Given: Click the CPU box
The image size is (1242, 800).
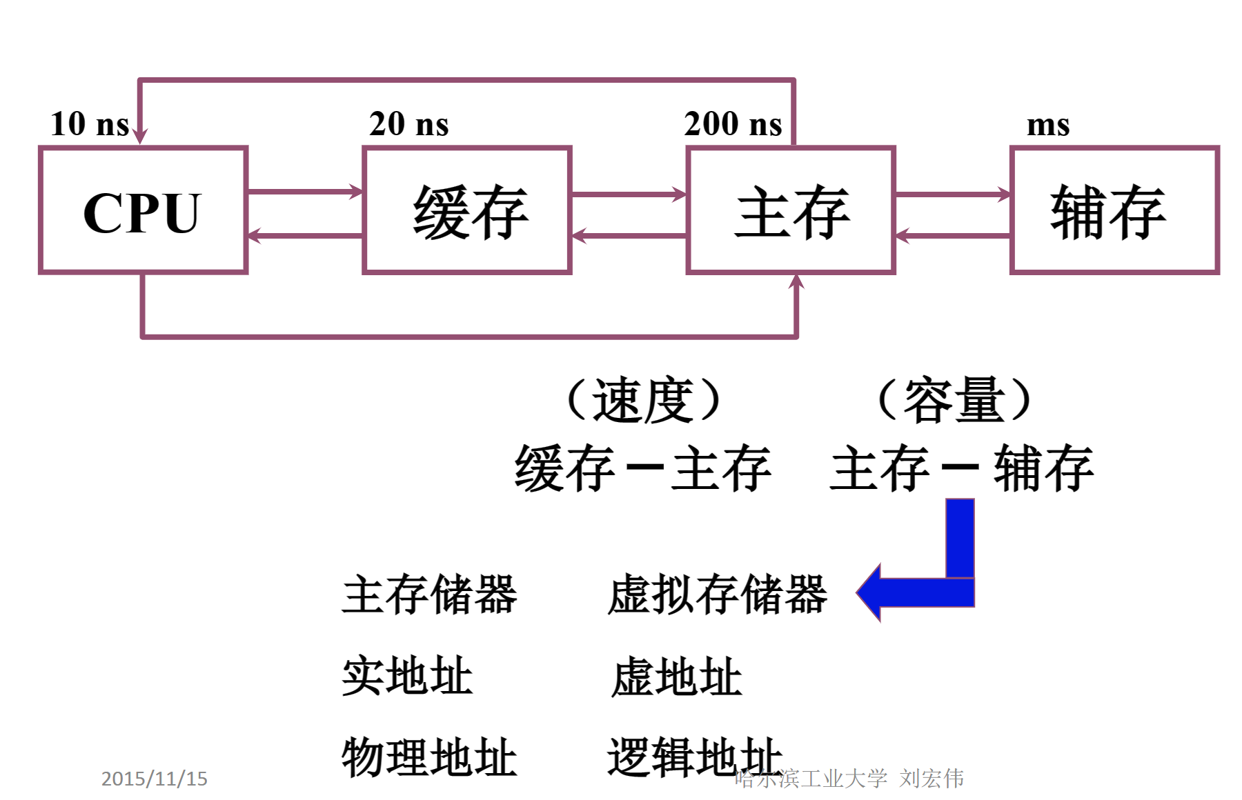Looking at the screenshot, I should (x=143, y=210).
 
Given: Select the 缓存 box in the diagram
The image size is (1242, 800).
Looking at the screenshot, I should (x=467, y=210).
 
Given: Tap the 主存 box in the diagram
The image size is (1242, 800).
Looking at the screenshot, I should (x=791, y=210).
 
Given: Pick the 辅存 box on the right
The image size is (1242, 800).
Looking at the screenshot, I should (x=1114, y=210).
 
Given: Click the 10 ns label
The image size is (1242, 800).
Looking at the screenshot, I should (x=90, y=124).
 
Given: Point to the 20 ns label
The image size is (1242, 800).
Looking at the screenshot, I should (x=408, y=124).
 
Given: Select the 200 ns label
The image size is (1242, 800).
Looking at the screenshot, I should (x=733, y=124).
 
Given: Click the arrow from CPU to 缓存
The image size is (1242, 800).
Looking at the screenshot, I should (x=305, y=191).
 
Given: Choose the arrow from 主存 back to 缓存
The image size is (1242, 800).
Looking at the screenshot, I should (x=629, y=236).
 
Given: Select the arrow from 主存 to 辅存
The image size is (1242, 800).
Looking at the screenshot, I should (x=953, y=194).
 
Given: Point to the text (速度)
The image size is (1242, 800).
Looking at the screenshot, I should (x=643, y=400).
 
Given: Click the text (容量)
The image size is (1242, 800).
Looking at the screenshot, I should (x=954, y=400).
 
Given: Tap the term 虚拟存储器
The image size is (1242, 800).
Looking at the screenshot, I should (x=717, y=594).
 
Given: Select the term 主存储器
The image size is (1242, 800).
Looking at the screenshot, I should (x=429, y=594).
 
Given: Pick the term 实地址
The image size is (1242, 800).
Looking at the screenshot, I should (x=407, y=676).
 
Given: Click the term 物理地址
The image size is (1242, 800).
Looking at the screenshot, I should (x=429, y=757).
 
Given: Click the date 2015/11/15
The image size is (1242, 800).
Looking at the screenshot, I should (x=154, y=779).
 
